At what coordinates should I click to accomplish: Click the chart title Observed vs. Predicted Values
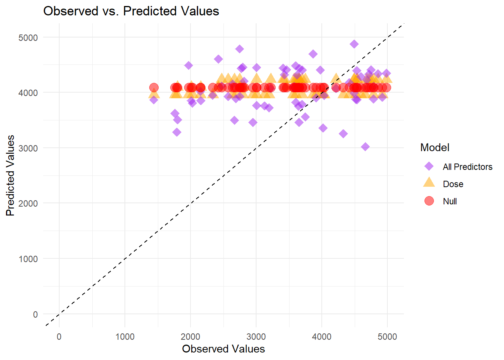coord(131,11)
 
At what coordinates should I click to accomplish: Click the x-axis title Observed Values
coord(223,349)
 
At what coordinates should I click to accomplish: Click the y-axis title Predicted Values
coord(10,175)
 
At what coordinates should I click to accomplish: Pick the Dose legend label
coord(453,184)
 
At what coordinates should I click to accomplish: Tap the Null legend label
coord(450,201)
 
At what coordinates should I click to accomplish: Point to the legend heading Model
coord(435,147)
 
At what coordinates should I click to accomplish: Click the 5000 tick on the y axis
coord(28,37)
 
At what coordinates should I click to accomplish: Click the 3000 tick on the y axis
coord(28,148)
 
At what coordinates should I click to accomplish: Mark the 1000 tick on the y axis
coord(28,259)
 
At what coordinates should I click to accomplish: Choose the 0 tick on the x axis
coord(59,337)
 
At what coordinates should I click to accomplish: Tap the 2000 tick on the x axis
coord(190,337)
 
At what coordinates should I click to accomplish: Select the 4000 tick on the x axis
coord(321,337)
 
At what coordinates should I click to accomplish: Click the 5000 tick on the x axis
coord(387,337)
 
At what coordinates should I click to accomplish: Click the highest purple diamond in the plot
coord(354,44)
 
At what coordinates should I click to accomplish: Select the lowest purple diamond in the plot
coord(365,147)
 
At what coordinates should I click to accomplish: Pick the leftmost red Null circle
coord(154,88)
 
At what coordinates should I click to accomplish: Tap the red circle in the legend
coord(429,201)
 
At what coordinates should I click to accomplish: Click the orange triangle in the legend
coord(429,183)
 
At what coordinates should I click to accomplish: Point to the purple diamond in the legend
coord(429,166)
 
